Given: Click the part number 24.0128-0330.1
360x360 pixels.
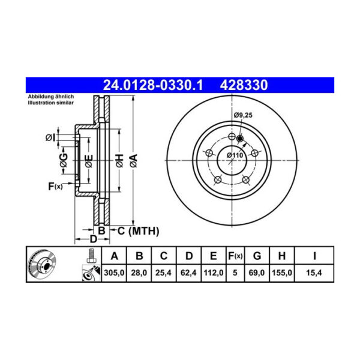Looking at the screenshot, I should point(152,86).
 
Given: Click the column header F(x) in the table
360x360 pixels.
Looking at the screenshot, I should point(235,256).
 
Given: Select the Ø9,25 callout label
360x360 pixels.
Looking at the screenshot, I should point(243,115).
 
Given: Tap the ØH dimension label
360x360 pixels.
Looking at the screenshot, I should point(119,160).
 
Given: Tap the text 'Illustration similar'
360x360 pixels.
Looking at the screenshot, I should point(49,103).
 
